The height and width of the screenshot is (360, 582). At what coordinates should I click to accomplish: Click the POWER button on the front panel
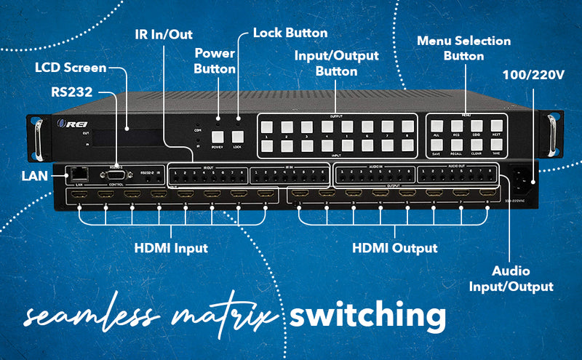(x=217, y=136)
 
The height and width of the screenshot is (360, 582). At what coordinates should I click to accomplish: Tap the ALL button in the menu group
(x=436, y=126)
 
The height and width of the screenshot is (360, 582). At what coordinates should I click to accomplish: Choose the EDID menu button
(x=477, y=126)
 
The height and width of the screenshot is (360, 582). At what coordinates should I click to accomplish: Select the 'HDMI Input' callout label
(x=172, y=248)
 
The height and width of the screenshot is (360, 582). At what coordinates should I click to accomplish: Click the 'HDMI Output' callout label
(x=395, y=248)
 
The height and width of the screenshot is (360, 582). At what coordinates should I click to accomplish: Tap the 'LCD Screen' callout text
(x=71, y=68)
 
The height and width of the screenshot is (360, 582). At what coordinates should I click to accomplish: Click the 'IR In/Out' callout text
(x=164, y=34)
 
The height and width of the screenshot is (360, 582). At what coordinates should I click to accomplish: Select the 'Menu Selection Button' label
(x=463, y=49)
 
